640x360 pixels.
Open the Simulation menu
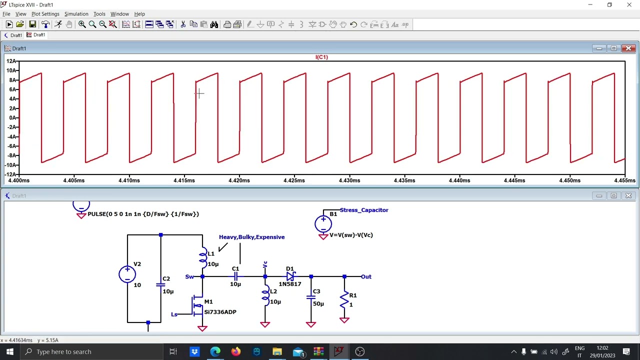click(x=76, y=14)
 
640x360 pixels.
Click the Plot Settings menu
click(x=45, y=14)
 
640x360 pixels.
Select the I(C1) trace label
click(x=321, y=57)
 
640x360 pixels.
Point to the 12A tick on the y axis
click(x=11, y=61)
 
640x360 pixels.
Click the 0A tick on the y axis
click(x=12, y=118)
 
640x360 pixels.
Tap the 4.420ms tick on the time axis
click(x=239, y=180)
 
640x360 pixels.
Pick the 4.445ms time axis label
click(x=514, y=180)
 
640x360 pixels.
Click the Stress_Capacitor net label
click(x=364, y=210)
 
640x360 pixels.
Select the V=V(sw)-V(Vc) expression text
click(x=351, y=235)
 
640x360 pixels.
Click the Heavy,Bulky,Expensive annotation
click(x=251, y=237)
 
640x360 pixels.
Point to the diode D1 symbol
click(x=290, y=276)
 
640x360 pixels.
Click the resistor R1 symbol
click(x=344, y=300)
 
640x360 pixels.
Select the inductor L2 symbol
click(x=265, y=296)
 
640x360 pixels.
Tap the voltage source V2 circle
click(x=127, y=274)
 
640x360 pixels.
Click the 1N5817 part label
click(x=290, y=284)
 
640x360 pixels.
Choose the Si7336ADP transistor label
click(x=220, y=312)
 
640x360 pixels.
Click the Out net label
click(x=366, y=276)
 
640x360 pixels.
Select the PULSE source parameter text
click(x=143, y=214)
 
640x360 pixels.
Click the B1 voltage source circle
click(x=323, y=223)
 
